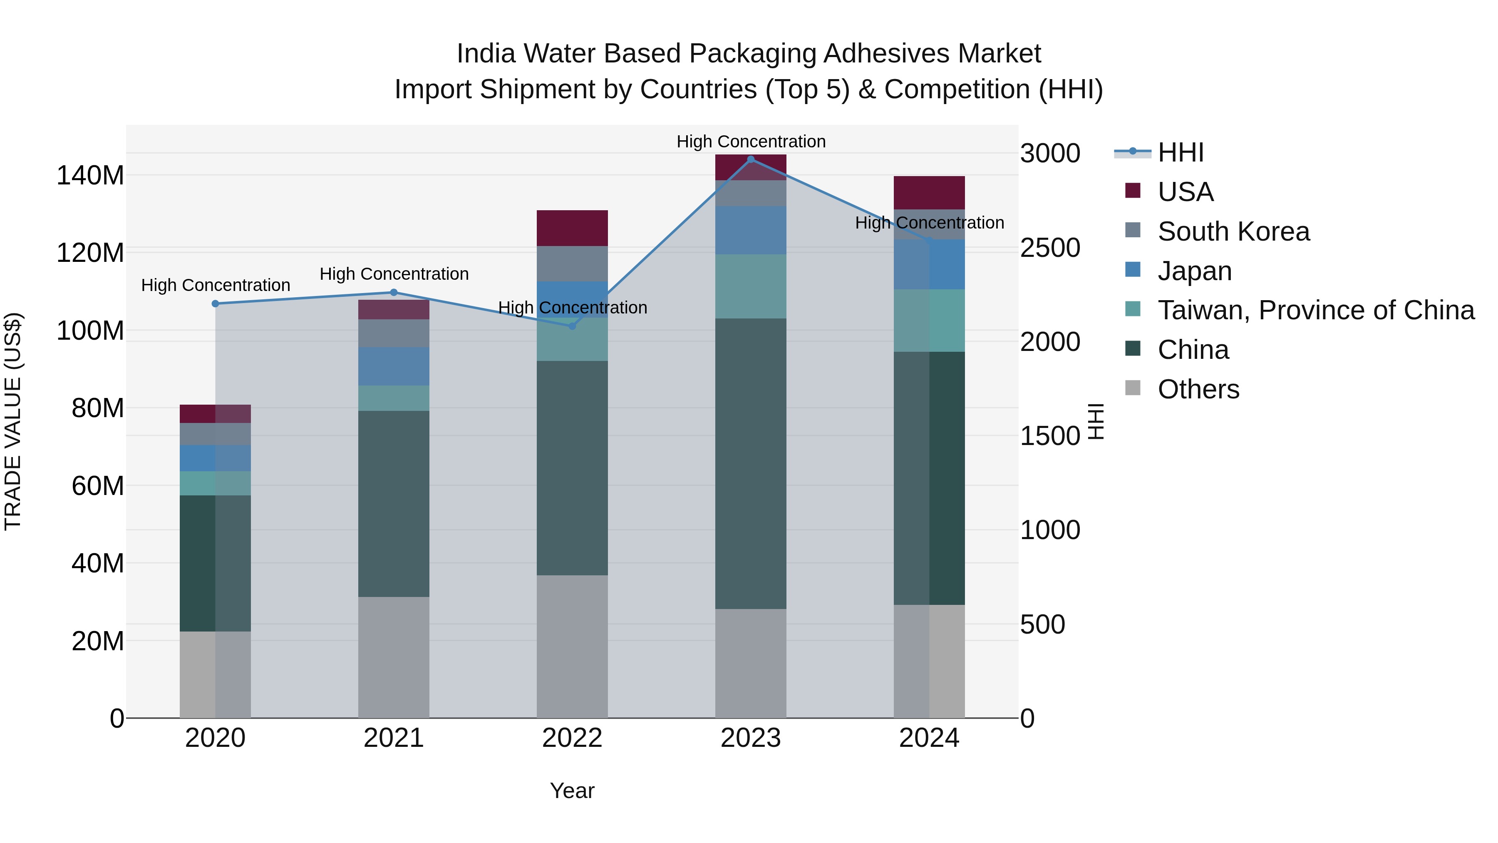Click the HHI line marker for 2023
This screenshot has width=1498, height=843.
click(750, 159)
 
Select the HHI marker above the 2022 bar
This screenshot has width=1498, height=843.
click(572, 326)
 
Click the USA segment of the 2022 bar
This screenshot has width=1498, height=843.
click(572, 228)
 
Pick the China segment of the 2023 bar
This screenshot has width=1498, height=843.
click(750, 464)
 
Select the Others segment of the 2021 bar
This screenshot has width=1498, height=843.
click(394, 657)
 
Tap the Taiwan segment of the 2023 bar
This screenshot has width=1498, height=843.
click(750, 286)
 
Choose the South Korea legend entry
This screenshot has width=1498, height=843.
click(1233, 231)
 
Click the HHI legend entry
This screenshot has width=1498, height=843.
click(1181, 152)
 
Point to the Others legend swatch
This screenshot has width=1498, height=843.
click(1133, 388)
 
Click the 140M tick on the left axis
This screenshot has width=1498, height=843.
click(90, 175)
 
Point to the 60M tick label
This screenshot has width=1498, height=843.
click(98, 486)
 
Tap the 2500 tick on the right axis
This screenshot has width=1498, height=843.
click(1050, 248)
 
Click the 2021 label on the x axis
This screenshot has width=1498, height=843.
click(394, 738)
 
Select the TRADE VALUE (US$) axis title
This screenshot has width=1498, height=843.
click(13, 421)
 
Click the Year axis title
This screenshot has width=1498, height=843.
click(572, 791)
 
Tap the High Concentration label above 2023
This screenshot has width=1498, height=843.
click(751, 142)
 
